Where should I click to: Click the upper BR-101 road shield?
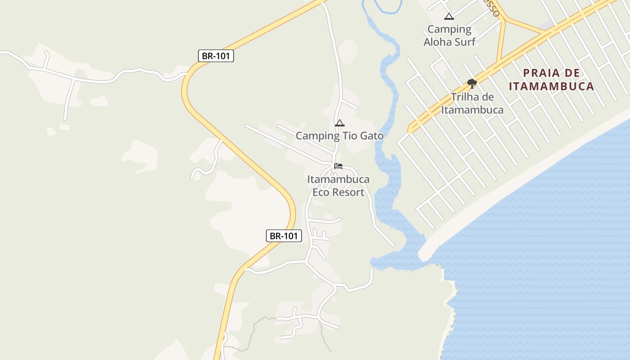(216, 56)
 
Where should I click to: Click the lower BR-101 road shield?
(283, 236)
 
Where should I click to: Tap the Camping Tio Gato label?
(339, 135)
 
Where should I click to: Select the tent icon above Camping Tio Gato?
(340, 123)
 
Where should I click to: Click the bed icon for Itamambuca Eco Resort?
(338, 166)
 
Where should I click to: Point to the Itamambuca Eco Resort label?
(338, 186)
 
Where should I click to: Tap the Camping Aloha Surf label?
(449, 36)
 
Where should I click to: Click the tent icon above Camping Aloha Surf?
(449, 17)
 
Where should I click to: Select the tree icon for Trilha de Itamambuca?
(472, 83)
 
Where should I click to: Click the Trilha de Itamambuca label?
(472, 103)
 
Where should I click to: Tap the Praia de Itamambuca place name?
(552, 80)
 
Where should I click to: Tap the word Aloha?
(438, 42)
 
